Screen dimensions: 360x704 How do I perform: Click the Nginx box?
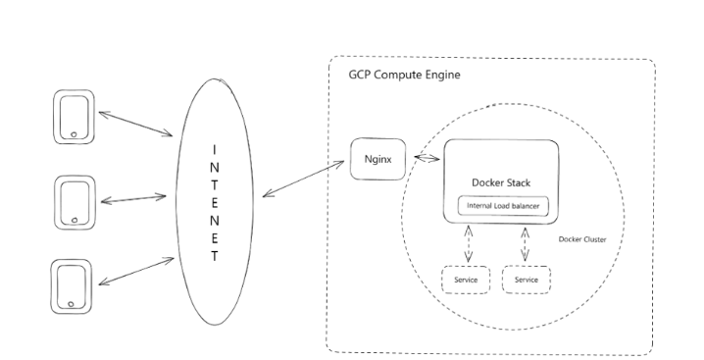(377, 159)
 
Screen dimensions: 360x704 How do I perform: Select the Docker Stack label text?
(501, 183)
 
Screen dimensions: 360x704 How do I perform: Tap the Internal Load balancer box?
(502, 207)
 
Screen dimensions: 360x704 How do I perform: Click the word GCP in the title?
(361, 76)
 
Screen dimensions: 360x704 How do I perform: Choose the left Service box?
(465, 280)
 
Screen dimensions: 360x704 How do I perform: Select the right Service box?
(527, 280)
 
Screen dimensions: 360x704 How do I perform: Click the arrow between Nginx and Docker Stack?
(425, 159)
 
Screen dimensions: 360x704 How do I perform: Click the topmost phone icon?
(75, 117)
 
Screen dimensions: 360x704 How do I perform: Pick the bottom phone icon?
(72, 286)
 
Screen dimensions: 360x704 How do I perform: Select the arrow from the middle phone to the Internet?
(135, 199)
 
